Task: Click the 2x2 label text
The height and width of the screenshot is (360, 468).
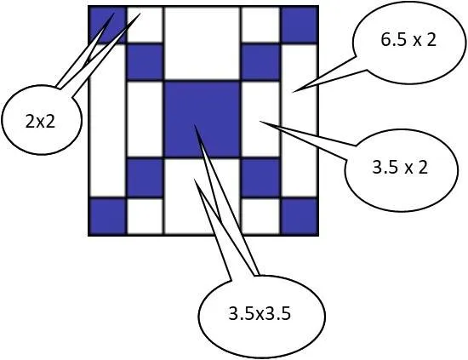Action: click(x=40, y=122)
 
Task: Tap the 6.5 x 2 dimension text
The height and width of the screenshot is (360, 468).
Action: click(x=408, y=40)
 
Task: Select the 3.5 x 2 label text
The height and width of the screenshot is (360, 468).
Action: click(x=400, y=167)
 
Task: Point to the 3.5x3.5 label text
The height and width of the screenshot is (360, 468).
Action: click(x=260, y=314)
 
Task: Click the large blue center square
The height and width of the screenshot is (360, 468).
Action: click(x=202, y=119)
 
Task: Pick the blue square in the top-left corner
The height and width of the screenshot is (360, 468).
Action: click(x=107, y=26)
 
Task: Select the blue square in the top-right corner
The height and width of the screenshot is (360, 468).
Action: click(x=299, y=26)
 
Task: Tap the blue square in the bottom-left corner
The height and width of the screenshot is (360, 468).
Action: click(x=107, y=216)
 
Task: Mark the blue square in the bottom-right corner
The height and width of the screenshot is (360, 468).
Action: click(x=299, y=216)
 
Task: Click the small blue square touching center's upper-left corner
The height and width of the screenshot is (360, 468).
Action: click(x=145, y=62)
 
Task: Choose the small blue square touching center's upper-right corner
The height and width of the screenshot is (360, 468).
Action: click(x=260, y=62)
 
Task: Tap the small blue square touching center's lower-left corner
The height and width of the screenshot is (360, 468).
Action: click(x=145, y=178)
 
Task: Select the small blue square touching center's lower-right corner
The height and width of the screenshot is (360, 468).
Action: click(x=260, y=178)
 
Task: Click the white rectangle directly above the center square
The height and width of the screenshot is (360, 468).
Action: click(x=202, y=43)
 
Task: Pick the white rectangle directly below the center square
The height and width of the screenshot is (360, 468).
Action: click(x=202, y=196)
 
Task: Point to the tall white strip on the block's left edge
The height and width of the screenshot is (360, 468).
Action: click(x=107, y=121)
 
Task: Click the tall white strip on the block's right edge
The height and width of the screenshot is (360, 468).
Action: click(x=299, y=121)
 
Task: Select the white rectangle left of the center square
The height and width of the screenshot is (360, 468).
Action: click(x=145, y=119)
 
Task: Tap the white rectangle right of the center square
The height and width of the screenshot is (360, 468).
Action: click(x=260, y=119)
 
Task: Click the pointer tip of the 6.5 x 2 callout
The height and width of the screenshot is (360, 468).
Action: click(x=292, y=92)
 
